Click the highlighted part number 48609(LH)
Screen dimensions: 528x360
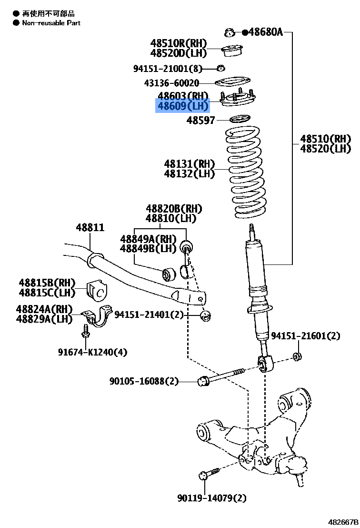point(183,106)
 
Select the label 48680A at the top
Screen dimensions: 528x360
point(265,32)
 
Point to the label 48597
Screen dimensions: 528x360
point(201,121)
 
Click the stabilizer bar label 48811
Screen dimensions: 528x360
point(90,228)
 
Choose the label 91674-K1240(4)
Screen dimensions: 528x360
point(93,352)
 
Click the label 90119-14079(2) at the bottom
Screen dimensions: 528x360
point(212,498)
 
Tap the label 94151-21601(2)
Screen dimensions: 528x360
point(306,336)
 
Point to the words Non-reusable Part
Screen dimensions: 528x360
point(50,22)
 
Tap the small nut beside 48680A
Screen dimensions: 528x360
point(230,32)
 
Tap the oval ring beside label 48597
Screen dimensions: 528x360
point(240,119)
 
